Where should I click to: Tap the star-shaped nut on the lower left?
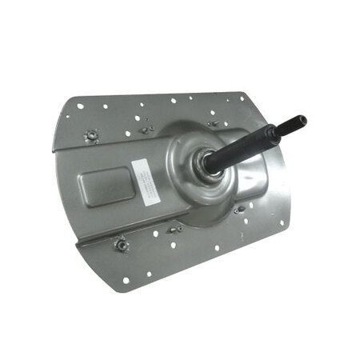pos(122,244)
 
